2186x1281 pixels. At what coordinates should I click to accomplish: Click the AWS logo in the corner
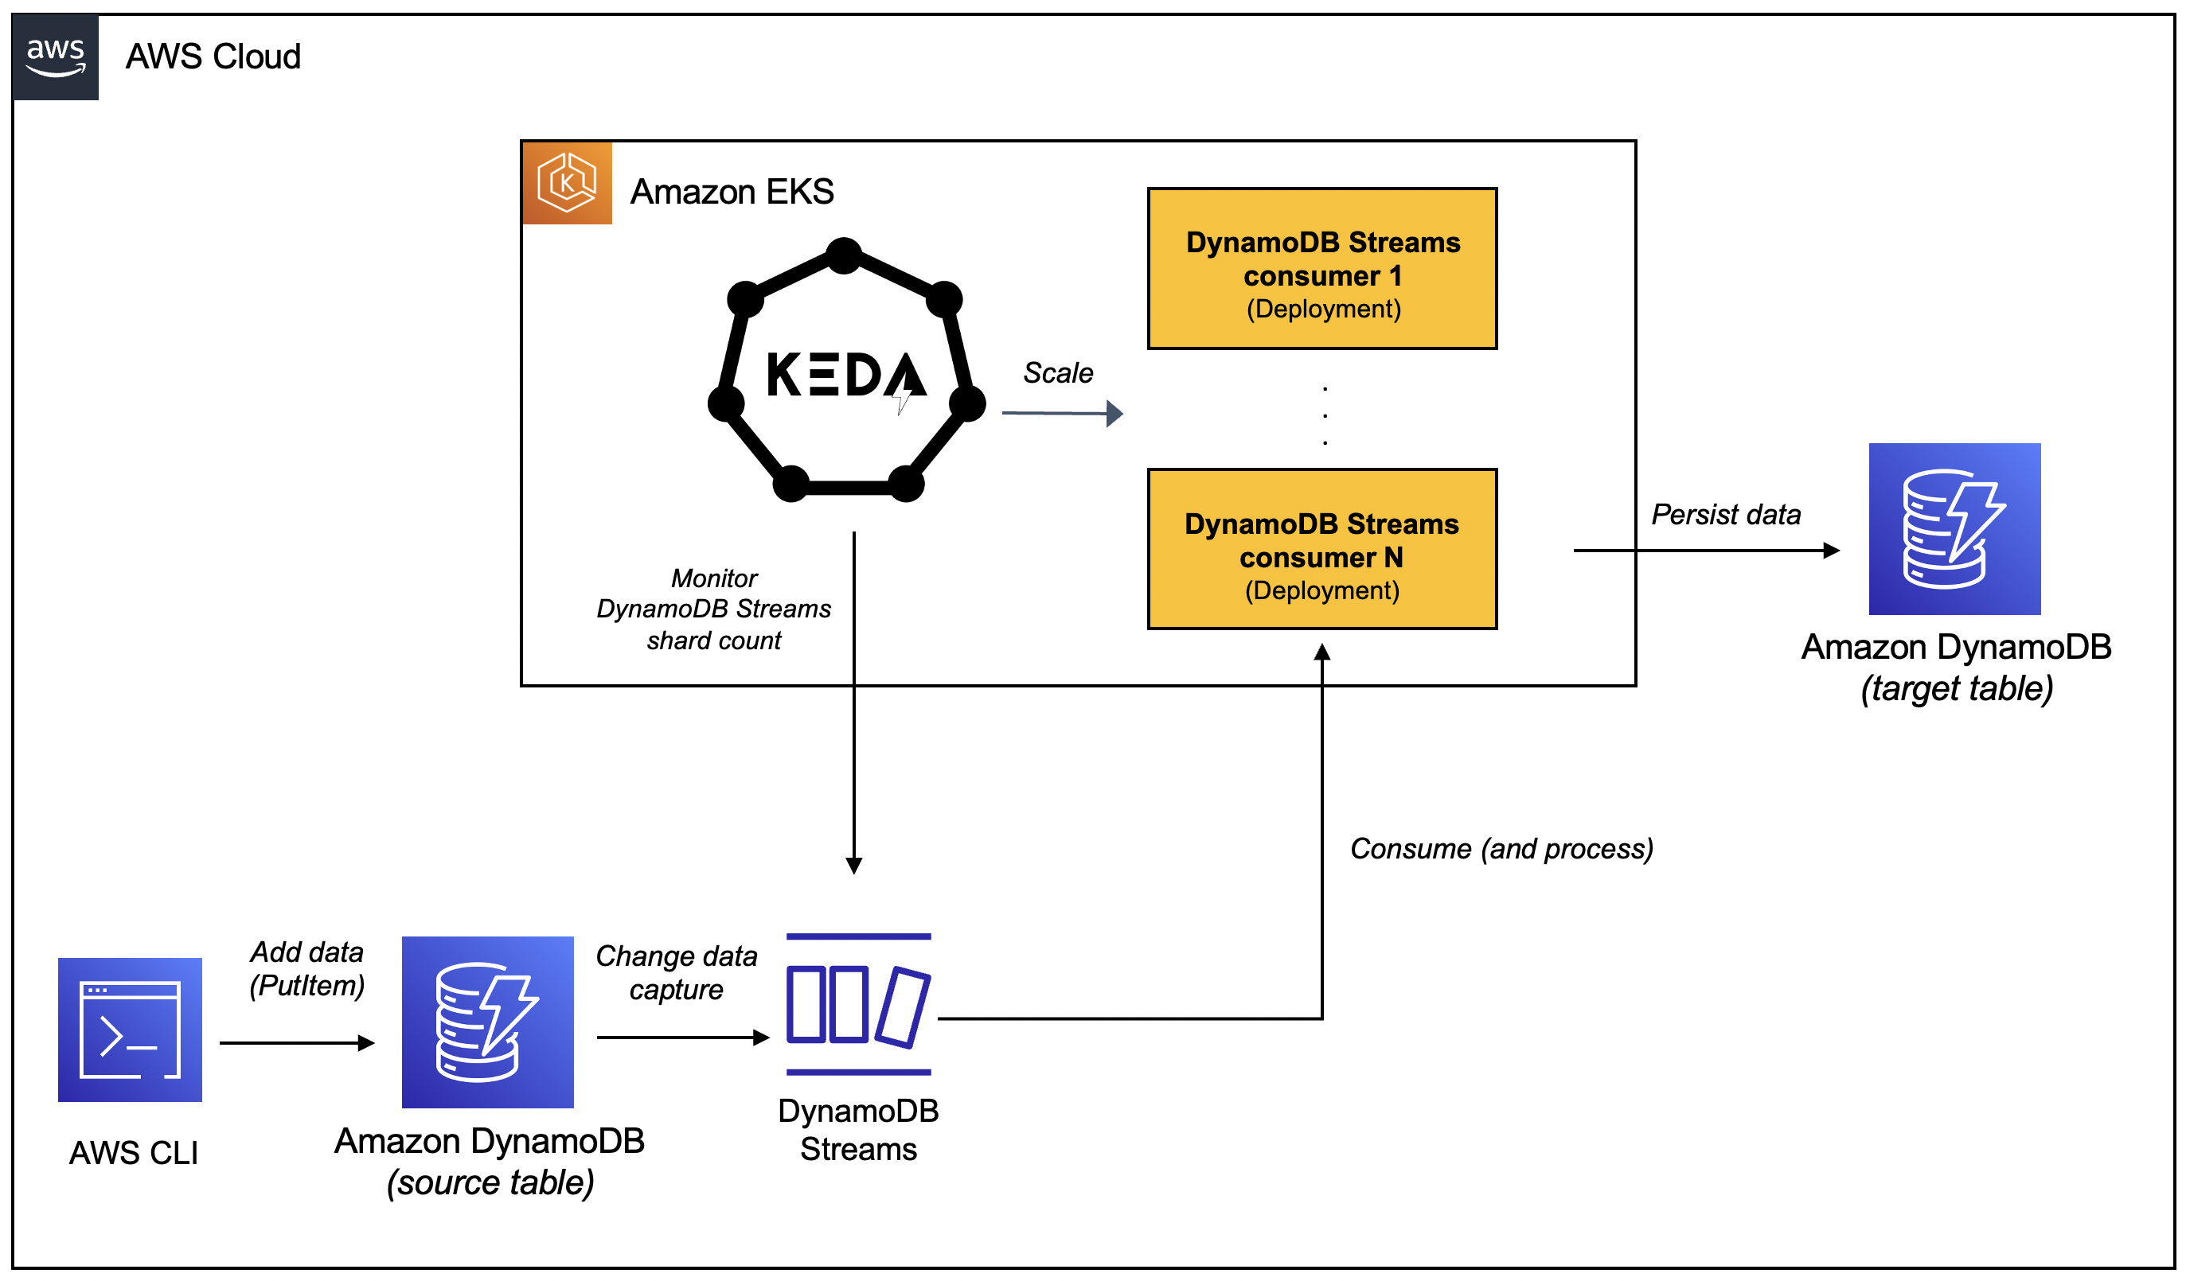[x=56, y=57]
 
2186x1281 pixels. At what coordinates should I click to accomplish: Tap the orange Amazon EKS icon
[x=568, y=183]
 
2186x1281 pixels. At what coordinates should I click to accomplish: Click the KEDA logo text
[x=845, y=376]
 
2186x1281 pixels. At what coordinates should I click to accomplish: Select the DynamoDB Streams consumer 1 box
[x=1322, y=269]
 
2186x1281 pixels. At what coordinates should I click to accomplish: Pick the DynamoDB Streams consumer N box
[x=1322, y=550]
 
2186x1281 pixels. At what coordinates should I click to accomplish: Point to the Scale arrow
[x=1062, y=414]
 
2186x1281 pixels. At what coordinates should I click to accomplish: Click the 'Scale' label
[x=1057, y=373]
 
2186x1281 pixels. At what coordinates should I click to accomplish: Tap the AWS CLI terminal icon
[x=130, y=1030]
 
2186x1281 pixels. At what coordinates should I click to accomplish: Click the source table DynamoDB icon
[x=487, y=1022]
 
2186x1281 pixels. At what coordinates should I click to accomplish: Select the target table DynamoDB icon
[x=1954, y=529]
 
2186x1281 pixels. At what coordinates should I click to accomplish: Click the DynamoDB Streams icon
[x=858, y=1004]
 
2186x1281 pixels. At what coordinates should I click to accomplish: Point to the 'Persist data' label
[x=1725, y=514]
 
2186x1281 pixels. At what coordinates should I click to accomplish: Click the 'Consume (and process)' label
[x=1501, y=848]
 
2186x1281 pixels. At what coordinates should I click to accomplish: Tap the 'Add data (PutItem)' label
[x=306, y=969]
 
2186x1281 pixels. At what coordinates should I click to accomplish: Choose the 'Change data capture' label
[x=676, y=972]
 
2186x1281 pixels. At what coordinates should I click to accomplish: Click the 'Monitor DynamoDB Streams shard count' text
[x=713, y=609]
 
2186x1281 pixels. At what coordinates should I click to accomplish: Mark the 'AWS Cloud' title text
[x=213, y=57]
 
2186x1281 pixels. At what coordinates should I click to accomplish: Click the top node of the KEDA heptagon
[x=844, y=256]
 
